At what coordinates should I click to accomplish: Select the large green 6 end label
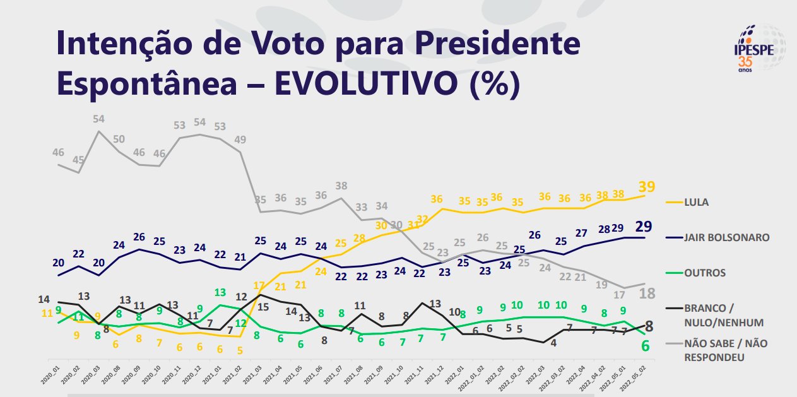click(646, 346)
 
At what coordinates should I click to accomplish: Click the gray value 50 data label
click(119, 139)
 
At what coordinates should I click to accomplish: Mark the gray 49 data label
click(240, 139)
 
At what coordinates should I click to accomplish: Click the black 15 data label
click(262, 307)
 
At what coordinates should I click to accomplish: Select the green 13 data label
click(220, 292)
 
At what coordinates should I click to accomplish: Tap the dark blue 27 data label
click(581, 234)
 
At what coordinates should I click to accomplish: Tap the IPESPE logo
click(757, 47)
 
